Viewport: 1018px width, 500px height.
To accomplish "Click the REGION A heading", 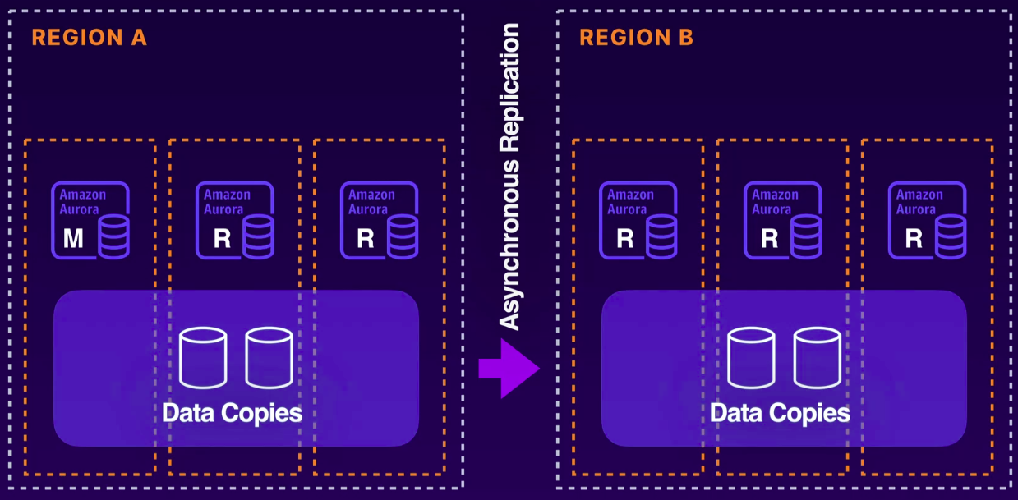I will [89, 38].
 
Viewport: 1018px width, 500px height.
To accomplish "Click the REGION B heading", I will [636, 38].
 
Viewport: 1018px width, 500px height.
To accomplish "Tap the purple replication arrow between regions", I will [510, 369].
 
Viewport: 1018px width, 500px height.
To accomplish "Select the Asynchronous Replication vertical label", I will [510, 177].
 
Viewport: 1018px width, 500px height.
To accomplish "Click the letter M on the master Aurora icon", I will [74, 239].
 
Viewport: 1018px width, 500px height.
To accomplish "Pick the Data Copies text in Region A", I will [232, 412].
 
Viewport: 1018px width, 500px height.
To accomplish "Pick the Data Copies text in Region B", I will [780, 412].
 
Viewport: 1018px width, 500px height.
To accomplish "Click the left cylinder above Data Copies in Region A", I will [203, 357].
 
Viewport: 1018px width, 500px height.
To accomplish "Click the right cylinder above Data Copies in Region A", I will [269, 357].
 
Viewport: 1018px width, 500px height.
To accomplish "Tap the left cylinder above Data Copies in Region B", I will [751, 357].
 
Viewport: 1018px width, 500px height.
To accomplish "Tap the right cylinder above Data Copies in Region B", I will [817, 357].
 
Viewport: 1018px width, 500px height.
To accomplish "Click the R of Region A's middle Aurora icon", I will [222, 239].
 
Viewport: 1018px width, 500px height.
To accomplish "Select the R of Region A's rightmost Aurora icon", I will [366, 239].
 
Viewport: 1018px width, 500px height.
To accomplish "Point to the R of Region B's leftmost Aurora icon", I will [625, 239].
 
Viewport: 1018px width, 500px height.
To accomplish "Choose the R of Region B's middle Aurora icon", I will [770, 239].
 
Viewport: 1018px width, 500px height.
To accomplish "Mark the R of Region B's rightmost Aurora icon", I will [914, 239].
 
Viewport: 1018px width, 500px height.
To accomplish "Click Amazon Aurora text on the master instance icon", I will [83, 202].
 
